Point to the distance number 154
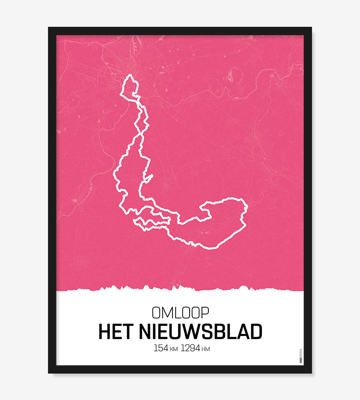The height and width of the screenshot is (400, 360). click(161, 348)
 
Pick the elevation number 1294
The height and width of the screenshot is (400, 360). click(190, 348)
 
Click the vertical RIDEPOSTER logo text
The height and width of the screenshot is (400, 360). click(300, 356)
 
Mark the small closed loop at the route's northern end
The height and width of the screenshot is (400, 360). click(130, 85)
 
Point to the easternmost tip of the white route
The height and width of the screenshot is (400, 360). click(247, 207)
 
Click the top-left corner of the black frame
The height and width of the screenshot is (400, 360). click(49, 28)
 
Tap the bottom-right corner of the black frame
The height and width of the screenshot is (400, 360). click(311, 372)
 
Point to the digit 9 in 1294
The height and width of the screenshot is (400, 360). click(191, 348)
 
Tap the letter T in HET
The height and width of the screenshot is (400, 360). click(129, 332)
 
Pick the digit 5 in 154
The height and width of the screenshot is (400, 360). click(160, 348)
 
